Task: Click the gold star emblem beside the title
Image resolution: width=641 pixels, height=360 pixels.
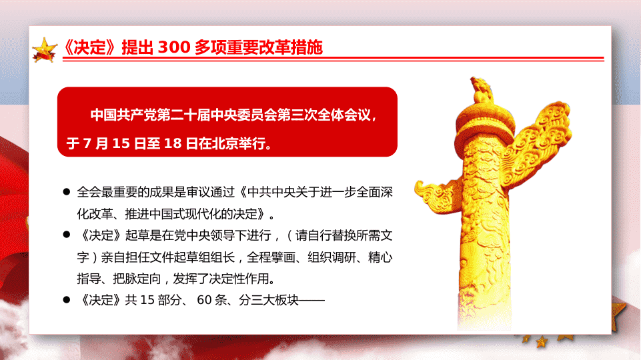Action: (45, 50)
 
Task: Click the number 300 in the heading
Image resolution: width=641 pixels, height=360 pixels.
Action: (174, 47)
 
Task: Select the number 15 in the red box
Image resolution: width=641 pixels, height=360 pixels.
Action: (121, 143)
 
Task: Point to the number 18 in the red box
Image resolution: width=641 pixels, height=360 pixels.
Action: (173, 143)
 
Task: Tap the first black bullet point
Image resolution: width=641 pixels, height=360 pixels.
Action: (67, 191)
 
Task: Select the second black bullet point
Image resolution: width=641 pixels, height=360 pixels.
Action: (67, 235)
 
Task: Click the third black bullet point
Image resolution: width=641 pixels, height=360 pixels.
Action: (67, 299)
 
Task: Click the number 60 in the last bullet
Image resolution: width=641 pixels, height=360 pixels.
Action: (204, 300)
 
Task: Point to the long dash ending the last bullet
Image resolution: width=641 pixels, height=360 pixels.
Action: (311, 301)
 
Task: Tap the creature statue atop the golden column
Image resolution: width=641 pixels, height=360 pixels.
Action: (481, 89)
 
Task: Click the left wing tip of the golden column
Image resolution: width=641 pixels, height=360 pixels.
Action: (417, 189)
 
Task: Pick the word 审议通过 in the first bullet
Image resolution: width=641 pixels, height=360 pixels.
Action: (211, 192)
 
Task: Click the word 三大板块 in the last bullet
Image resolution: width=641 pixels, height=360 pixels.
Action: (275, 300)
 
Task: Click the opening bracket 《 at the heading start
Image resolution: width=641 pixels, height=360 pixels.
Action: (68, 47)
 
